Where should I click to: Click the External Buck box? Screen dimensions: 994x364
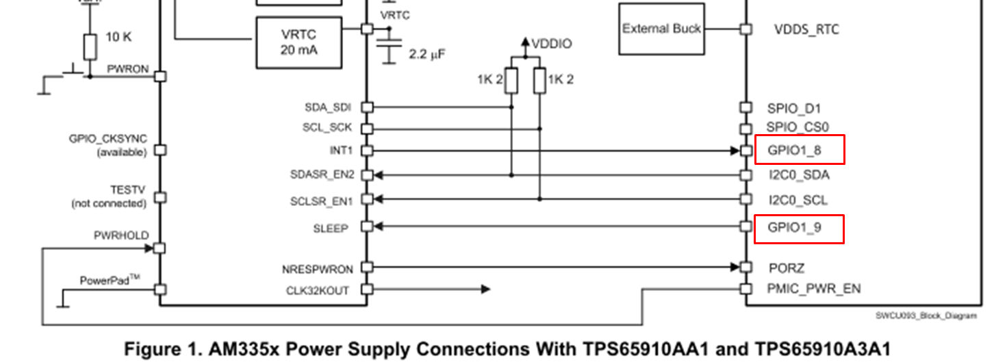(661, 29)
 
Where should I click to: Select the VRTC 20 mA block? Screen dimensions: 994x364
(298, 42)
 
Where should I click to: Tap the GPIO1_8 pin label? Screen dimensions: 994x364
(794, 151)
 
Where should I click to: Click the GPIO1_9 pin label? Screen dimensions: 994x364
(794, 227)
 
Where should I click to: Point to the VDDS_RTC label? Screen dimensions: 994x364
(806, 29)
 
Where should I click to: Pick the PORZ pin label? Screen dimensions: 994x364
(787, 268)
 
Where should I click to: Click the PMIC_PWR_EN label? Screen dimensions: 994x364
(814, 289)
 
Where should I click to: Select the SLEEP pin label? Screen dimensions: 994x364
(331, 229)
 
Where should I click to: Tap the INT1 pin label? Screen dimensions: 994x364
(341, 151)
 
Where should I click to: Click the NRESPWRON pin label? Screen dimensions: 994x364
(317, 270)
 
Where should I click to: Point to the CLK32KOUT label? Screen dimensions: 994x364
(317, 291)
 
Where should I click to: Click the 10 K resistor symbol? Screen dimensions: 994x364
(90, 47)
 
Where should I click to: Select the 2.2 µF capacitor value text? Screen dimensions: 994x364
(427, 54)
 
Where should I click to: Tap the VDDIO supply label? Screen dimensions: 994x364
(552, 44)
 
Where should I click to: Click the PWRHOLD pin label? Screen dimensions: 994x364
(121, 235)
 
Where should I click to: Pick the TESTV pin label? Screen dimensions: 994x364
(127, 190)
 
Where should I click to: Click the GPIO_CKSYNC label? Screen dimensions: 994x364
(108, 139)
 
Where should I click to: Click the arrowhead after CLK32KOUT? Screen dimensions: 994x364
(486, 289)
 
